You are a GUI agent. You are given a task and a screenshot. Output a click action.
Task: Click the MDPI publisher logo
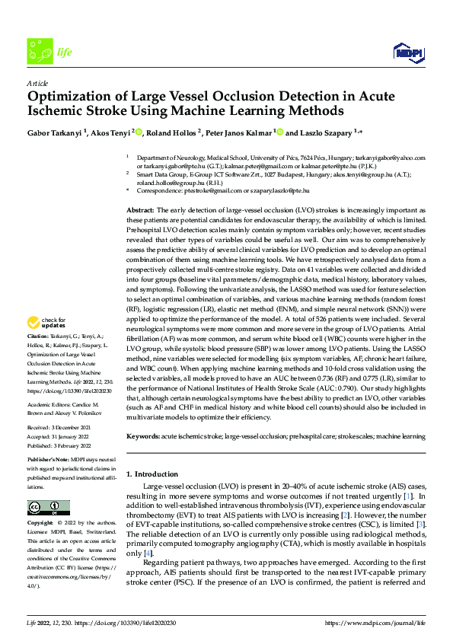(x=407, y=51)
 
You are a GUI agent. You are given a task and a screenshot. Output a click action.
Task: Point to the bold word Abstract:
(x=140, y=209)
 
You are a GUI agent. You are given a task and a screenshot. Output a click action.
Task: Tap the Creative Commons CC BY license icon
(x=48, y=507)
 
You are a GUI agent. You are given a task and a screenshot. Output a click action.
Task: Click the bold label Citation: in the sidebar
(x=39, y=356)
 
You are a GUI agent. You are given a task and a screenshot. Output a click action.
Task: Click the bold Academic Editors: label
(x=47, y=405)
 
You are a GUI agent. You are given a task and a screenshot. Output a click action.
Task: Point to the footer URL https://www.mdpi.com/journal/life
(x=375, y=623)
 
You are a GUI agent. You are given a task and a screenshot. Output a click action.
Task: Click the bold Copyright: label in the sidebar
(x=40, y=524)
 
